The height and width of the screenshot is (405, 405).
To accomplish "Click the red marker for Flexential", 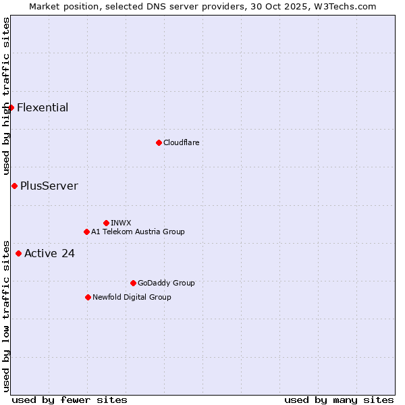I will coord(11,107).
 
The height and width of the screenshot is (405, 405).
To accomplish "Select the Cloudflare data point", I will coord(159,142).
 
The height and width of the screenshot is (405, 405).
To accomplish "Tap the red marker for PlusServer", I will coord(14,186).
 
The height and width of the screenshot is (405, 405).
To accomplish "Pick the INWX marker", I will coord(106,223).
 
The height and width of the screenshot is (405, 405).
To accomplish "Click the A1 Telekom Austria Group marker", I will coord(86,232).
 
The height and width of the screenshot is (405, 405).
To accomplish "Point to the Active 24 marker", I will coord(18,253).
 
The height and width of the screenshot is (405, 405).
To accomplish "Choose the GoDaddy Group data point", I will coord(133,283).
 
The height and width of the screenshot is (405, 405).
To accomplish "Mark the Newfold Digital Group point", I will coord(88,297).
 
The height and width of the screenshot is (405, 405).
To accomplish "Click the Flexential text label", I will coord(43,107).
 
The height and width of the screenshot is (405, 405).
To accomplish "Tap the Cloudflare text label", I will coord(181,142).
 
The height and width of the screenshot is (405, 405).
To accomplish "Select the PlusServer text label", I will coord(49,186).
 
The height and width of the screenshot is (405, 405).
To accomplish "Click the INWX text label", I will coord(121,223).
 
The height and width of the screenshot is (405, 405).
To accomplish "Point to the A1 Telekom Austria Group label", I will coord(138,232).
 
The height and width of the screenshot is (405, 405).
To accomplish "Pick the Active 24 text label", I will coord(49,253).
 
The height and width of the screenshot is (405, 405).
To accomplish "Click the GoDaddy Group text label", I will coord(166,283).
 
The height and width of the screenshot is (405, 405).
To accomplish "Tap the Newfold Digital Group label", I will coord(132,297).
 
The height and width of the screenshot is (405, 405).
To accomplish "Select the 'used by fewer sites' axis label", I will coord(70,400).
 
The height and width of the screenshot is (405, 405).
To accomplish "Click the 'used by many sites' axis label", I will coord(339,400).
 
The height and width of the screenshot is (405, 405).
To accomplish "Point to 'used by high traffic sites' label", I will coord(6,97).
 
